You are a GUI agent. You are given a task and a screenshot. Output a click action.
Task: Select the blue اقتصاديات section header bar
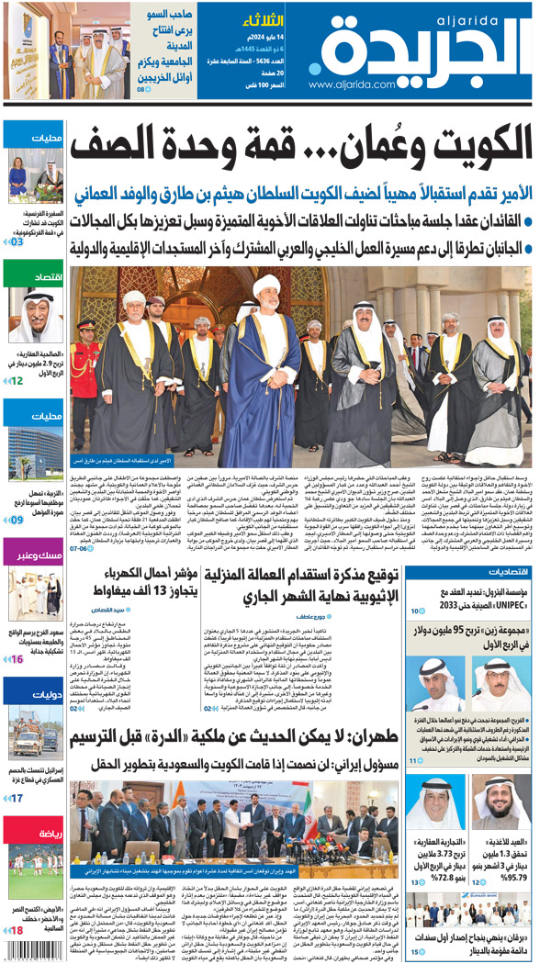(468, 573)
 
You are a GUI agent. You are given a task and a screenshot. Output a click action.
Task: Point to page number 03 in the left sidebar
(16, 241)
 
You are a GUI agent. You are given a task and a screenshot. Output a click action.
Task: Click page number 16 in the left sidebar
(16, 658)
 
